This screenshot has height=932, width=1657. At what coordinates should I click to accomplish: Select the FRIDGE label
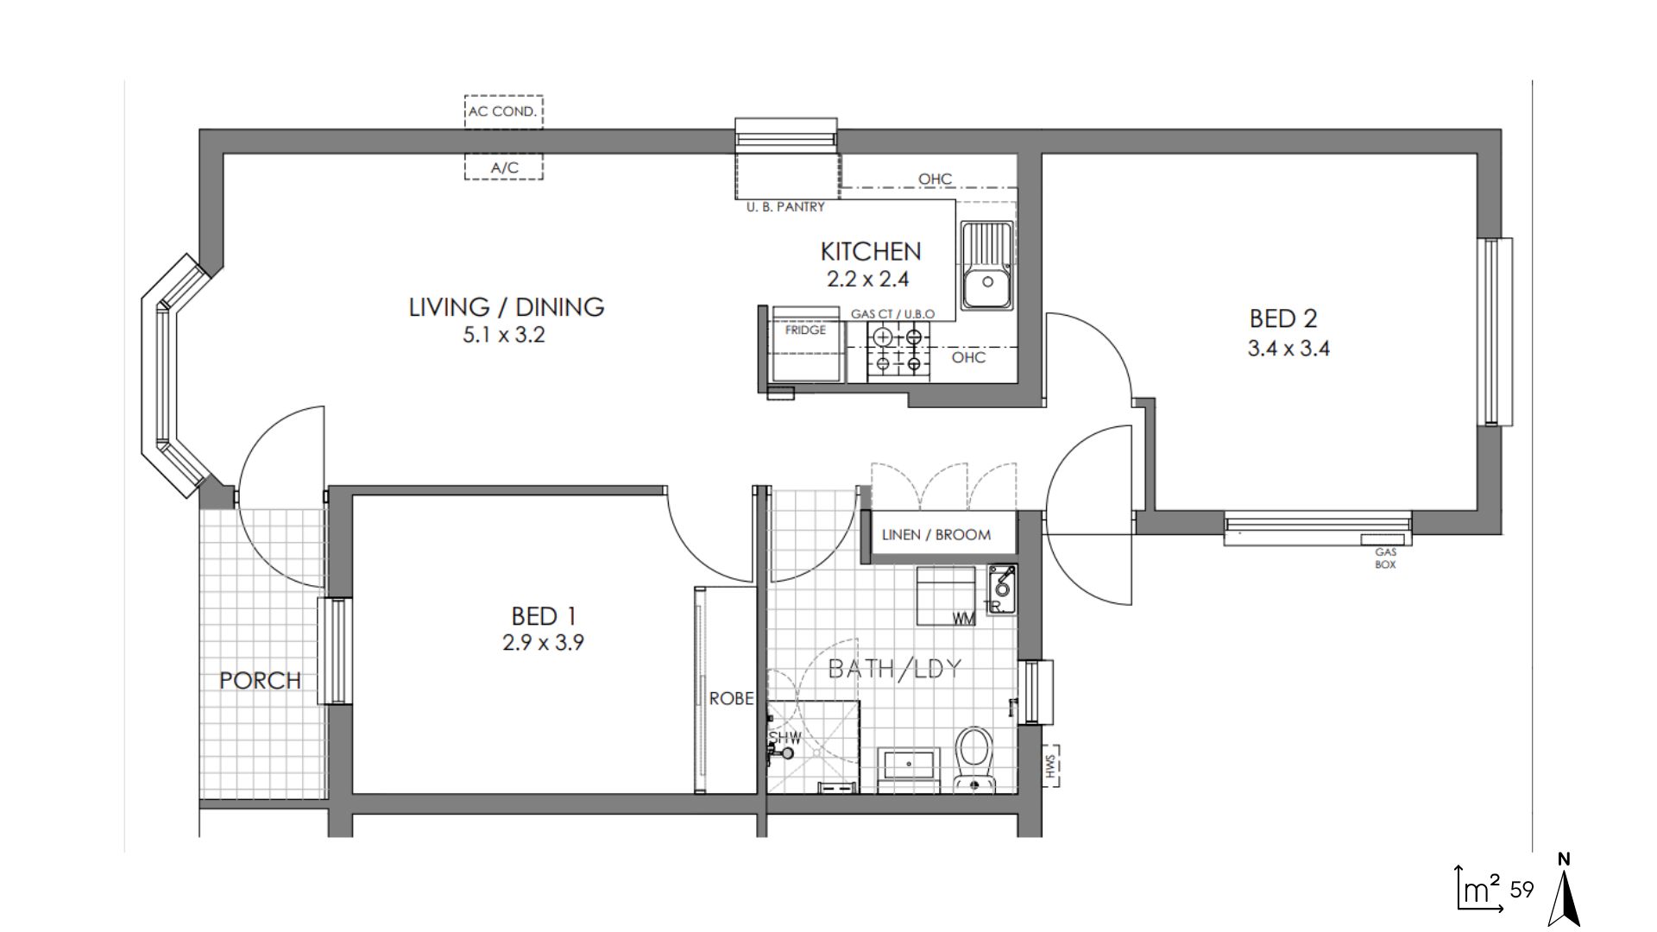(805, 330)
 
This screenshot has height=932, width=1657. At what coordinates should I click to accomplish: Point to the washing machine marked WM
(946, 595)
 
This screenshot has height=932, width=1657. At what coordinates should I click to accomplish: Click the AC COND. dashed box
(503, 111)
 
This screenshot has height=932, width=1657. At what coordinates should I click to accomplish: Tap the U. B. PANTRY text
(785, 207)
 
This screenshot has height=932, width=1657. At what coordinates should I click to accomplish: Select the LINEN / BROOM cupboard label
(936, 535)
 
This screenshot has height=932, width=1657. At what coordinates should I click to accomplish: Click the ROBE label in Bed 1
(731, 699)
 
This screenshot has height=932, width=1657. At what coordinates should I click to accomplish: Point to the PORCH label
(260, 681)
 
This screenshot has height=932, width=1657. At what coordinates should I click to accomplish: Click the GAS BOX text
(1385, 557)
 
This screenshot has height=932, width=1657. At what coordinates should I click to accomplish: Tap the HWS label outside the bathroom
(1050, 767)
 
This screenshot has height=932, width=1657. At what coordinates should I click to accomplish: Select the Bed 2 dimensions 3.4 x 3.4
(1288, 349)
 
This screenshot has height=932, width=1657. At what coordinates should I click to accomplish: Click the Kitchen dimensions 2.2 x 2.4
(868, 280)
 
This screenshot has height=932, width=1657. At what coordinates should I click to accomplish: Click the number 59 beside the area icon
(1522, 890)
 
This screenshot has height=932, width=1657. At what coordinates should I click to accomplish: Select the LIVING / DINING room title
(506, 307)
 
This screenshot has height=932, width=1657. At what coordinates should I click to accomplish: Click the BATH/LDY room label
(894, 670)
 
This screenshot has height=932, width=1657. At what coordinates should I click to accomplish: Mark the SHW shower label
(785, 739)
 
